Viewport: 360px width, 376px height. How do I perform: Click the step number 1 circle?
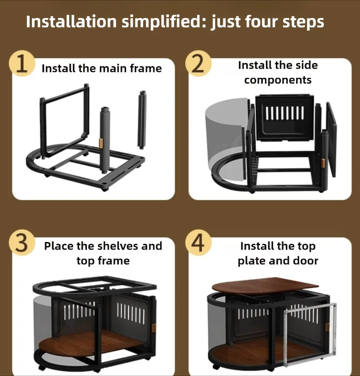tap(22, 63)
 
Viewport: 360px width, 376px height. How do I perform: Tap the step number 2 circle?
tap(198, 63)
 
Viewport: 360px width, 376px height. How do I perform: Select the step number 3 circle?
tap(22, 243)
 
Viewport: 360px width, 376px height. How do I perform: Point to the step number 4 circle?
tap(198, 243)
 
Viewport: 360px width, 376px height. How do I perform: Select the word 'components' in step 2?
tap(278, 80)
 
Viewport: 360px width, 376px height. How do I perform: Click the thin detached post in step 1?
tap(142, 120)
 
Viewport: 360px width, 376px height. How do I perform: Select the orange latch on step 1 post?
tap(101, 143)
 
